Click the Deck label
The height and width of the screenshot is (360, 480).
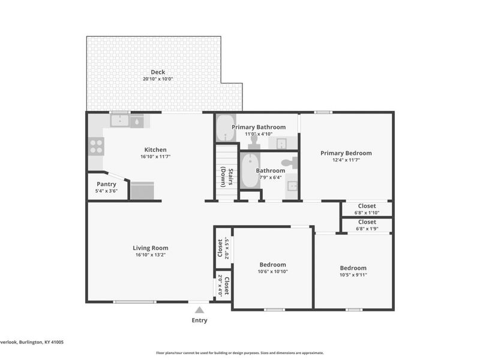coord(158,72)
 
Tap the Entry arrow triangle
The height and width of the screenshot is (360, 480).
coord(199,310)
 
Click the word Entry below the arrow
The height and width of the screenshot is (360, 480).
coord(199,320)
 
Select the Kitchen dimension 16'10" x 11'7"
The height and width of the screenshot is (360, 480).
coord(155,157)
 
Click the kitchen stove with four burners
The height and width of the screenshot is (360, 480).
coord(96,146)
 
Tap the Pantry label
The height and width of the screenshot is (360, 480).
coord(106,184)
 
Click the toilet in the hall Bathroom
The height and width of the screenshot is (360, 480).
coord(290,162)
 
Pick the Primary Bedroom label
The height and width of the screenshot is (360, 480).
coord(346,153)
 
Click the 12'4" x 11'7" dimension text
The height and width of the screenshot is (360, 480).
coord(346,160)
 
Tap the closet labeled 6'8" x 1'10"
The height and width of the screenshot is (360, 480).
coord(367,209)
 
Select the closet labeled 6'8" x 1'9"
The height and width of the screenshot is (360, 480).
coord(367,225)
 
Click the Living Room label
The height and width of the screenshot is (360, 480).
coord(150,248)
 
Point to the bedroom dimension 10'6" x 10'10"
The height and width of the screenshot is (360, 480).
coord(272,272)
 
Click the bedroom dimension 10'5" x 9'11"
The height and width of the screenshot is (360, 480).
coord(353,275)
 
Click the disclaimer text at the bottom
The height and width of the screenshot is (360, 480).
coord(240,353)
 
